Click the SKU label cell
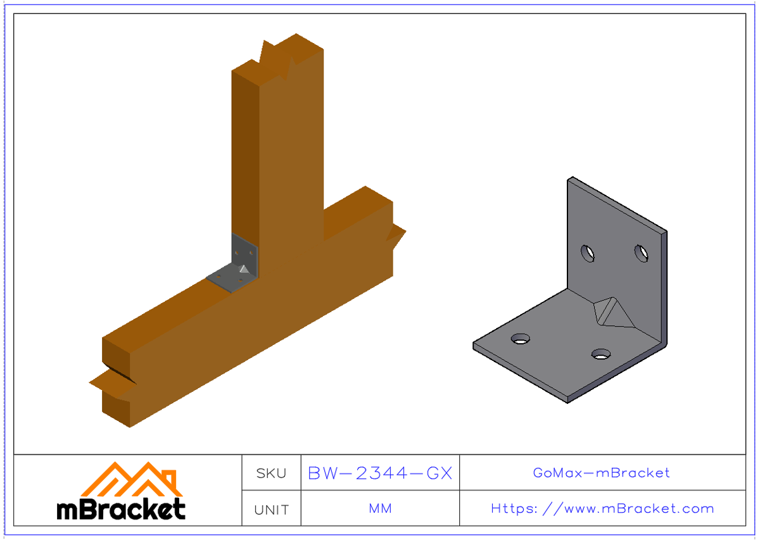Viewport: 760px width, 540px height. (x=271, y=473)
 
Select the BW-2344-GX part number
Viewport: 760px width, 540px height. (x=380, y=473)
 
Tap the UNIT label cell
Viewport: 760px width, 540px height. (x=271, y=509)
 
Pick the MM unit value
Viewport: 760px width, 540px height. (x=380, y=509)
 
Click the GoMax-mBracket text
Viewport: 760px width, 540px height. (x=602, y=473)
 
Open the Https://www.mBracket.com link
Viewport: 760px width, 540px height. (x=602, y=509)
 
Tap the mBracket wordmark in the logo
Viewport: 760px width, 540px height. (x=121, y=509)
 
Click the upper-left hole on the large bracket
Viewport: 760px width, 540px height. (x=588, y=253)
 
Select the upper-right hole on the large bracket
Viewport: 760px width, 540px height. (x=642, y=253)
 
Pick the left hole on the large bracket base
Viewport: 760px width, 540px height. (x=521, y=339)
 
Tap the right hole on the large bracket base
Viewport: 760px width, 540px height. (x=600, y=353)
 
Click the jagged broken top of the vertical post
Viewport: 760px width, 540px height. (x=279, y=54)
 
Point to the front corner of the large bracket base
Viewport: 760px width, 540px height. (x=567, y=399)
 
